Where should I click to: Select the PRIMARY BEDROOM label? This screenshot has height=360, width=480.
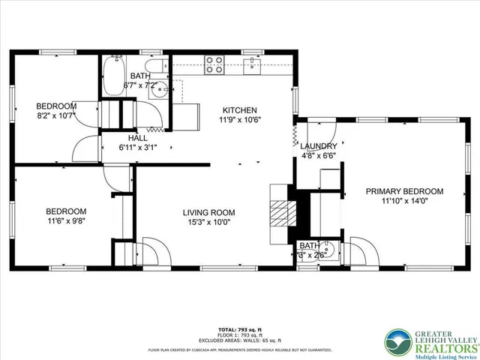(404, 191)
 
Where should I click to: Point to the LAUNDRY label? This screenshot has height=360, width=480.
(319, 146)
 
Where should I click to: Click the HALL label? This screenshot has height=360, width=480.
(137, 138)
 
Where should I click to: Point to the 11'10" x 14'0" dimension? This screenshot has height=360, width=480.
(404, 201)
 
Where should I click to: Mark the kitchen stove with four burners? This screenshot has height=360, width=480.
(214, 65)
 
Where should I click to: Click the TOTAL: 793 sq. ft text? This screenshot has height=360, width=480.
(239, 329)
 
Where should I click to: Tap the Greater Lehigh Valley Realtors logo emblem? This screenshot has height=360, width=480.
(399, 343)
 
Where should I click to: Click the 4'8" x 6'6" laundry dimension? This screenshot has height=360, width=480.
(319, 156)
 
